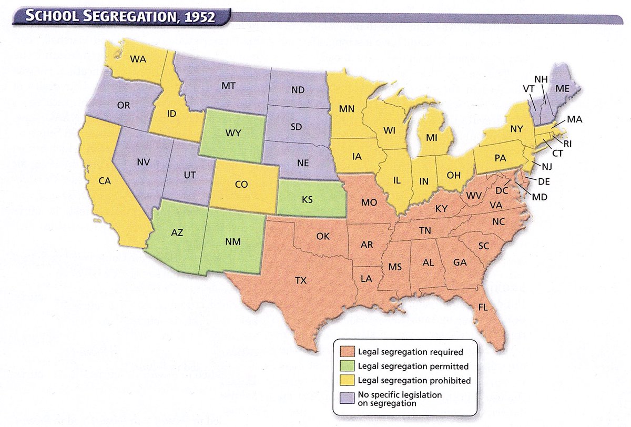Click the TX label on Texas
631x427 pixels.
coord(300,281)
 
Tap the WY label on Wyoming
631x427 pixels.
coord(233,133)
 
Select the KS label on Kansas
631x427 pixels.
coord(308,200)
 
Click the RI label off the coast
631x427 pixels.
coord(568,143)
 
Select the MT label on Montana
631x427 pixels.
coord(228,85)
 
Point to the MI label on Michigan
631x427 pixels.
coord(432,138)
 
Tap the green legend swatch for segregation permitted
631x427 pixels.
coord(347,366)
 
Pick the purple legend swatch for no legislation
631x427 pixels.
coord(347,394)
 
